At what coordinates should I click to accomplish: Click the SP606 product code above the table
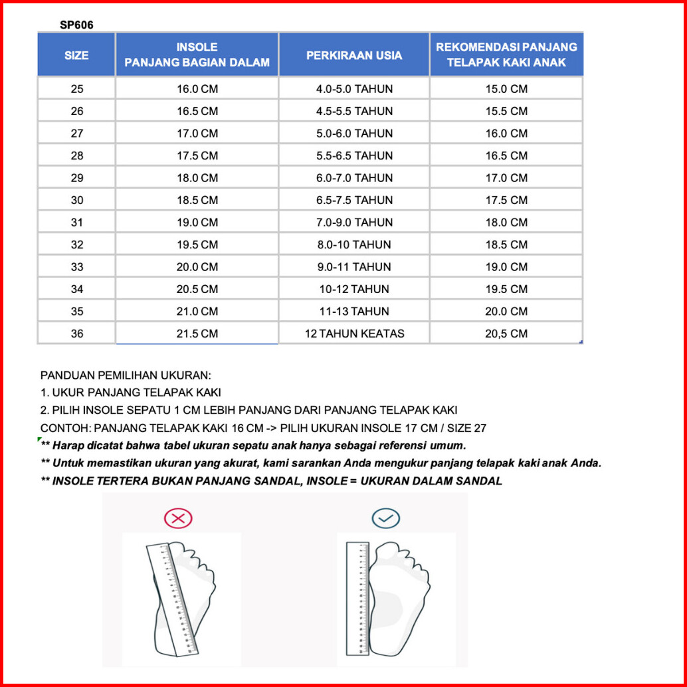76,25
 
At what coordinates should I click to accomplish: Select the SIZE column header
76,55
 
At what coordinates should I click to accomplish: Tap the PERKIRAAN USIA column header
354,55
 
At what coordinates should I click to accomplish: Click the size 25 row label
77,89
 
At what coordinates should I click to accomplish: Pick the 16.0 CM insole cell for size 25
197,89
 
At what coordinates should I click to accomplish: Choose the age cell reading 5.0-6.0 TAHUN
354,134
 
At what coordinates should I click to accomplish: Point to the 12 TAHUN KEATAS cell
354,334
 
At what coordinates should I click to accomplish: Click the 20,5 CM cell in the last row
506,334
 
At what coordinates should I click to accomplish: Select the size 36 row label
77,334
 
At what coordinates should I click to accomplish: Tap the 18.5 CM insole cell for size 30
197,200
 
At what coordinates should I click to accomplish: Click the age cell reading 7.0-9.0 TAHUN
354,223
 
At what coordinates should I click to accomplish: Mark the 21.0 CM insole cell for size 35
197,311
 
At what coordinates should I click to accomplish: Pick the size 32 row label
77,245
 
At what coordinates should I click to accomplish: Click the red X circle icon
177,518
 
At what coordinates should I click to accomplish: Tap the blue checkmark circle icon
385,518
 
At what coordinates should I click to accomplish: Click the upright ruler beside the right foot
358,598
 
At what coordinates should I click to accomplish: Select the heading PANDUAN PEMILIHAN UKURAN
126,375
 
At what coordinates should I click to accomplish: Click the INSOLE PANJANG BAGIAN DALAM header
197,55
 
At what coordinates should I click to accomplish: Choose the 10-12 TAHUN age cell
354,289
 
